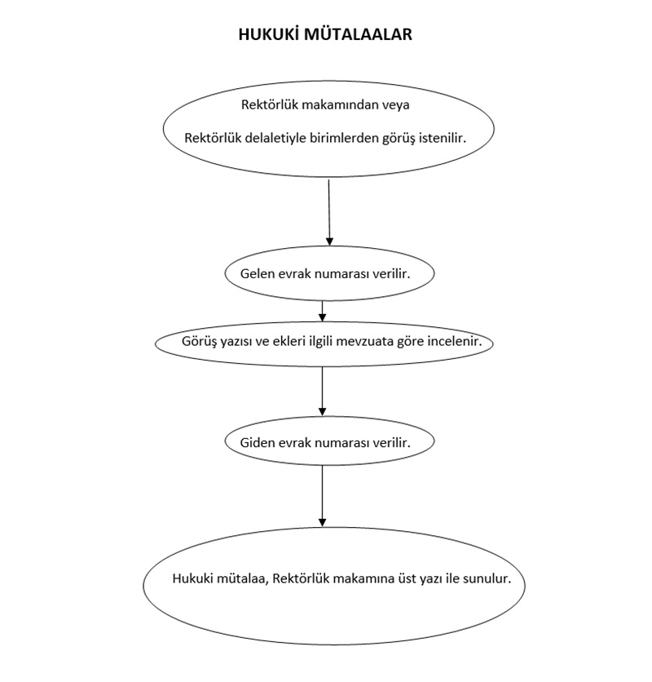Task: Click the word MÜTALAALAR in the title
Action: (358, 34)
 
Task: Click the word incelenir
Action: (455, 341)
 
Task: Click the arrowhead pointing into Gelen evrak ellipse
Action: (329, 241)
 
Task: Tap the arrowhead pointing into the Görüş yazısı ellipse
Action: (322, 317)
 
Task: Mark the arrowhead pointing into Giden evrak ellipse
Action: (322, 411)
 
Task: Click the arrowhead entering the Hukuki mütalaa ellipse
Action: (322, 522)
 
